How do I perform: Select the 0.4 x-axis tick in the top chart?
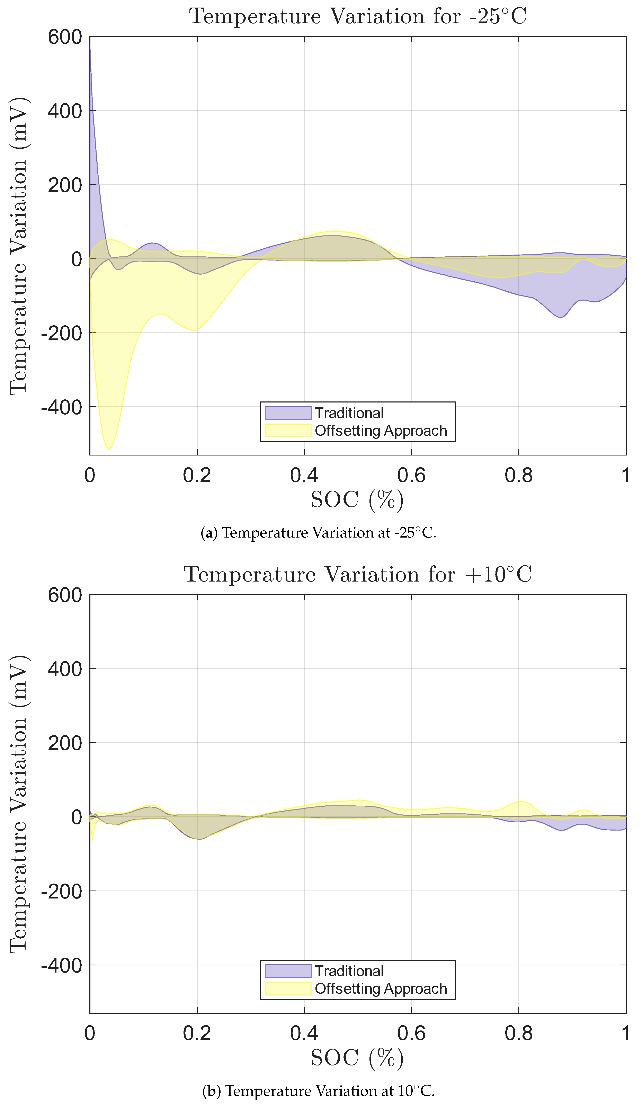point(304,475)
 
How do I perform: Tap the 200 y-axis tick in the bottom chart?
point(65,743)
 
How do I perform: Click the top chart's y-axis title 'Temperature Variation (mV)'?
point(18,246)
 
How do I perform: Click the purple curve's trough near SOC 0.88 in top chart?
point(560,317)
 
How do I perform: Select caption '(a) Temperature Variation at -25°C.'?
point(318,533)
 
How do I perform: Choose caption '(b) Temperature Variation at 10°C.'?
point(318,1091)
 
